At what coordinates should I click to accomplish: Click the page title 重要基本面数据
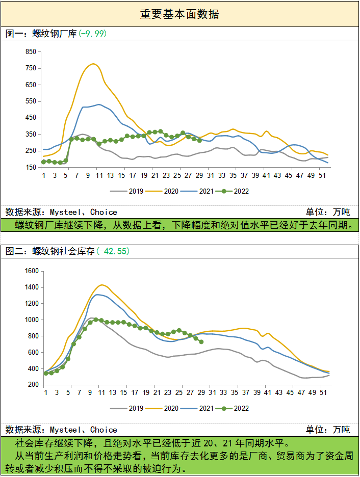pos(179,14)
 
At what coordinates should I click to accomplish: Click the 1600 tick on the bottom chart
pos(32,271)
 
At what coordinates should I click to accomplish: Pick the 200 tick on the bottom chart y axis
pos(34,385)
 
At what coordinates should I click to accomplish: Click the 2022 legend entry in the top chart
pos(235,191)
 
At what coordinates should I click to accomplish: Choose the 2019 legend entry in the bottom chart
pos(130,409)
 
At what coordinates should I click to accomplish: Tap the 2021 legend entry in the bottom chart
pos(202,409)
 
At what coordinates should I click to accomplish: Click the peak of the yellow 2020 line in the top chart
pos(93,64)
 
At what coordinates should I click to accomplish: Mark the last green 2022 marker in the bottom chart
pos(201,342)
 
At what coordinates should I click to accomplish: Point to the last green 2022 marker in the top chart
pos(199,140)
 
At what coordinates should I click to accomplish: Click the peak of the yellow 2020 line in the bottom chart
pos(102,285)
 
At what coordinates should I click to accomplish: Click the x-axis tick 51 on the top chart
pos(322,175)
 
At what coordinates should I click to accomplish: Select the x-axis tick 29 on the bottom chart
pos(201,393)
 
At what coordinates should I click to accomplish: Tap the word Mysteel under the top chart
pos(67,212)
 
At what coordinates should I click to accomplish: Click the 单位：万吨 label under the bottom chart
pos(328,430)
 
